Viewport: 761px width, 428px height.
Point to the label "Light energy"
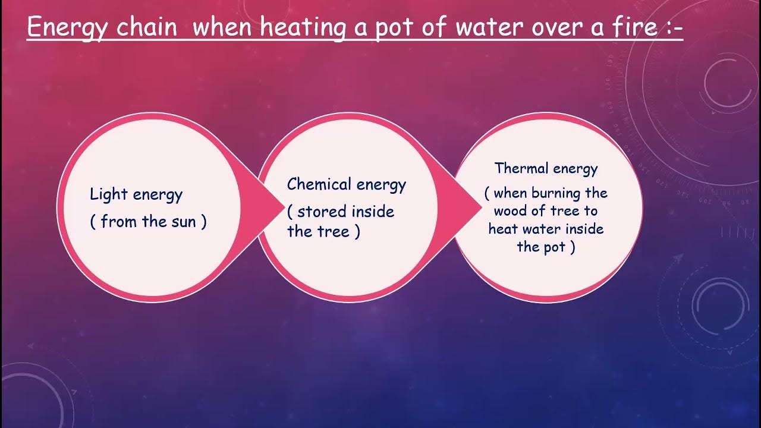tap(136, 194)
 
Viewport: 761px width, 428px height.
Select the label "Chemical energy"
tap(346, 184)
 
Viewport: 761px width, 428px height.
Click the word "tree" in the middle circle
tap(334, 231)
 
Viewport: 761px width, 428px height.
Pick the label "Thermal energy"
tap(546, 168)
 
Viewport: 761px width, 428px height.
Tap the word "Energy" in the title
tap(65, 29)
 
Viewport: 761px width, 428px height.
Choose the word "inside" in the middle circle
tap(373, 212)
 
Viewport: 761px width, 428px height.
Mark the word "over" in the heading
tap(561, 27)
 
